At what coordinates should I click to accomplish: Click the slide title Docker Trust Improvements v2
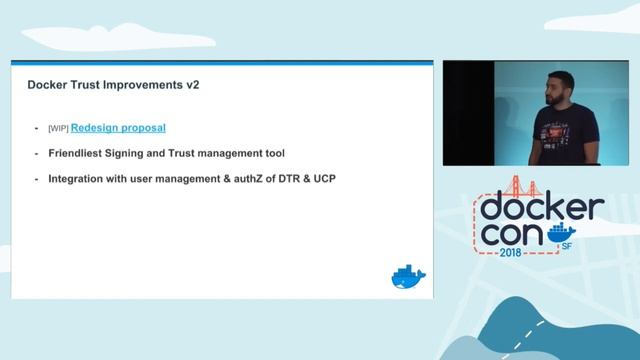coord(113,86)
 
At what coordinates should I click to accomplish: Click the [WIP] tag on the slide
coord(58,129)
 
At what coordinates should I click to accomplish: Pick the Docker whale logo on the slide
coord(408,278)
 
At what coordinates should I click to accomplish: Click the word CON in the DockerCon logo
coord(520,235)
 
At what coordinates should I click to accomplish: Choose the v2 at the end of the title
coord(192,86)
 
